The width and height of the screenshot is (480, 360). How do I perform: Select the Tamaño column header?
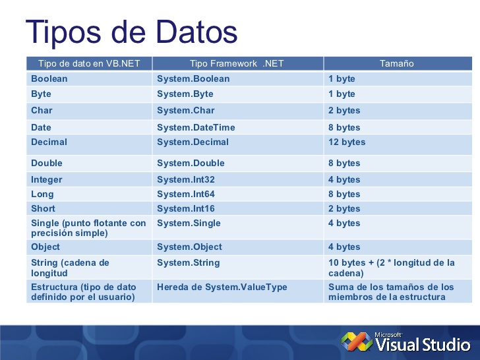(x=397, y=64)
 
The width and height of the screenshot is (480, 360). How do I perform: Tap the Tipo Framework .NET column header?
(x=237, y=64)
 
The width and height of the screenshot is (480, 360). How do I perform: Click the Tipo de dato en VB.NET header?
(x=89, y=64)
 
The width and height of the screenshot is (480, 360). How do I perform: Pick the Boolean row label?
(x=49, y=79)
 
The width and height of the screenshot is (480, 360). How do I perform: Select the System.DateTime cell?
(x=196, y=128)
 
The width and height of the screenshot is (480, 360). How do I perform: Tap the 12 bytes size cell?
(x=347, y=142)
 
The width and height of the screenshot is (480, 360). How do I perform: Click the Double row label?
(x=47, y=164)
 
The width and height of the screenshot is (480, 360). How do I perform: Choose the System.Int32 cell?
(x=186, y=180)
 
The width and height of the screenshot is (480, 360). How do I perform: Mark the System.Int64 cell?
(x=186, y=195)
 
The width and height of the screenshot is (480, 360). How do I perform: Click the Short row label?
(x=44, y=209)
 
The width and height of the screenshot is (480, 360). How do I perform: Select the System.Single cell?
(x=189, y=224)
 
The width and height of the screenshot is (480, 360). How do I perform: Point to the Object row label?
(x=45, y=247)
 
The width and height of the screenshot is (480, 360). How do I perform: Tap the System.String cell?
(x=189, y=263)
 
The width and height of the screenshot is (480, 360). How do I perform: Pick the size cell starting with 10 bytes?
(x=392, y=268)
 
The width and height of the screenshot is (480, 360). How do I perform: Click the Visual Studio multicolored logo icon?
(x=355, y=341)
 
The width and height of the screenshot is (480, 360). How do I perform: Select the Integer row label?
(x=47, y=180)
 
